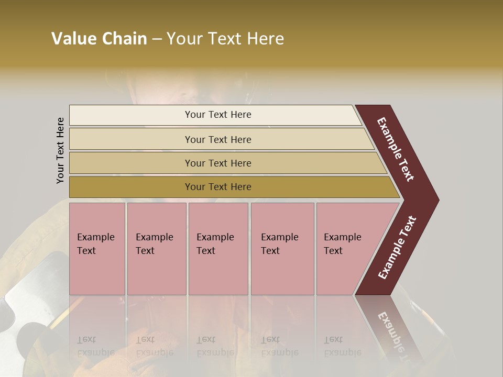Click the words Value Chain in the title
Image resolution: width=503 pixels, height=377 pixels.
tap(99, 39)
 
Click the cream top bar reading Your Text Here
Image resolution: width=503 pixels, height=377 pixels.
tap(218, 115)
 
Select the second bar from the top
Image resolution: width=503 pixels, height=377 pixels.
tap(218, 139)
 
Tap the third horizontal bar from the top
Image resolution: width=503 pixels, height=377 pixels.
tap(218, 163)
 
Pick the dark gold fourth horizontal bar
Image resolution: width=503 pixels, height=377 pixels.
tap(218, 187)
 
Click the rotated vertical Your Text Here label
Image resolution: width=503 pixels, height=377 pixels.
tap(60, 150)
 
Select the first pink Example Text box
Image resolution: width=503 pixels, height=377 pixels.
tap(97, 249)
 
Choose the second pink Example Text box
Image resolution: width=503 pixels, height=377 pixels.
tap(156, 249)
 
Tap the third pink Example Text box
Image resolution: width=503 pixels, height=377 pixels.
tap(217, 249)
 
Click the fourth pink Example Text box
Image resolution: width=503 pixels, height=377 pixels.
tap(282, 249)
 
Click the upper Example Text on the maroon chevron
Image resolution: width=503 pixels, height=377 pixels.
tap(396, 149)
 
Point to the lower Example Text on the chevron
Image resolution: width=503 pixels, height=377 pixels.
tap(397, 247)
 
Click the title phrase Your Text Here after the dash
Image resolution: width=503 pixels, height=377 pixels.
tap(225, 39)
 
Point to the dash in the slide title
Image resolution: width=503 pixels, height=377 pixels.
tap(157, 39)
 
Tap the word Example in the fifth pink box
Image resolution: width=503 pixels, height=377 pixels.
tap(342, 237)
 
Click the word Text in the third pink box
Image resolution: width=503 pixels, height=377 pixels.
tap(206, 251)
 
